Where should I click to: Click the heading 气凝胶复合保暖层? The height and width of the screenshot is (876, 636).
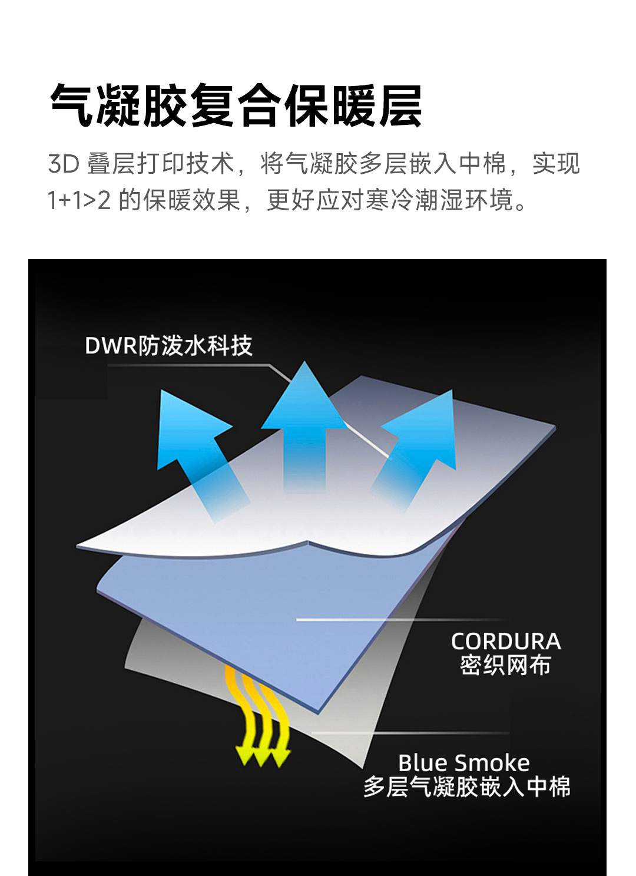[236, 106]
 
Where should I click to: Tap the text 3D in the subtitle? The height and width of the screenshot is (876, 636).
[63, 164]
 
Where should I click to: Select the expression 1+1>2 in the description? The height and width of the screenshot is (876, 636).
[79, 200]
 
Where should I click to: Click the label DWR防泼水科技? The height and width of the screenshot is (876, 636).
[168, 346]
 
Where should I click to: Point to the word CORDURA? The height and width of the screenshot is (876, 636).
[506, 642]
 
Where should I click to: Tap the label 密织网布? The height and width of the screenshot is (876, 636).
[505, 665]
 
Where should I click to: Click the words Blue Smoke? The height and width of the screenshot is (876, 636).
[464, 763]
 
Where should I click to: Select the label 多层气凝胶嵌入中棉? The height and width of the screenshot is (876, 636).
[466, 787]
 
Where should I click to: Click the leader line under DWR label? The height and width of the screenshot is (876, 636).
[188, 365]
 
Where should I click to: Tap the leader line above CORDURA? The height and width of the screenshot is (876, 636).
[400, 620]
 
